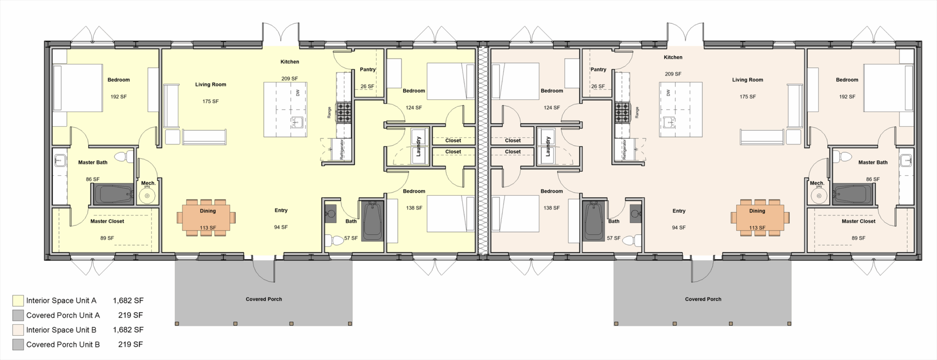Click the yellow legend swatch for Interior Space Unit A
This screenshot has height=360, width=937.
click(18, 301)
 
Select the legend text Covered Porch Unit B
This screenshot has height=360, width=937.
click(63, 344)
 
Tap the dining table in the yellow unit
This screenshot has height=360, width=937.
click(207, 217)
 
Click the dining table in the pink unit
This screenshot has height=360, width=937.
click(757, 217)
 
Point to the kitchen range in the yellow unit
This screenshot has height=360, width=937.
click(344, 112)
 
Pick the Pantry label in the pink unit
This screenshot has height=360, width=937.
click(598, 70)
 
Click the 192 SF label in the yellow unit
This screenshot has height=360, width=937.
click(118, 97)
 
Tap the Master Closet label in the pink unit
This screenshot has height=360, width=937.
click(858, 221)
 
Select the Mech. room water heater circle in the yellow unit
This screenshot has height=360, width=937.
click(147, 197)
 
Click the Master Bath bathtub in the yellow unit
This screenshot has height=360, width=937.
click(113, 195)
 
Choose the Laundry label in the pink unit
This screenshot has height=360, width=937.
click(548, 146)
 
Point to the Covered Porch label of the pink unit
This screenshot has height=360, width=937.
click(703, 299)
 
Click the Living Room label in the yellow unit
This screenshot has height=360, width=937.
click(210, 84)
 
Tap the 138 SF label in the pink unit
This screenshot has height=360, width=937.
click(551, 208)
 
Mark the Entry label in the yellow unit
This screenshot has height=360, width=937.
click(281, 210)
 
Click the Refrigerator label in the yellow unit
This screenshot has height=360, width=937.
click(341, 149)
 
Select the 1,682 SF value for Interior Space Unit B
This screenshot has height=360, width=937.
click(128, 330)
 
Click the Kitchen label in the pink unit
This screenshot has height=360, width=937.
click(673, 57)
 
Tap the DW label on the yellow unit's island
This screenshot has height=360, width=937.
click(298, 92)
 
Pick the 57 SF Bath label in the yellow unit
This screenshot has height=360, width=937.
click(351, 238)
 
